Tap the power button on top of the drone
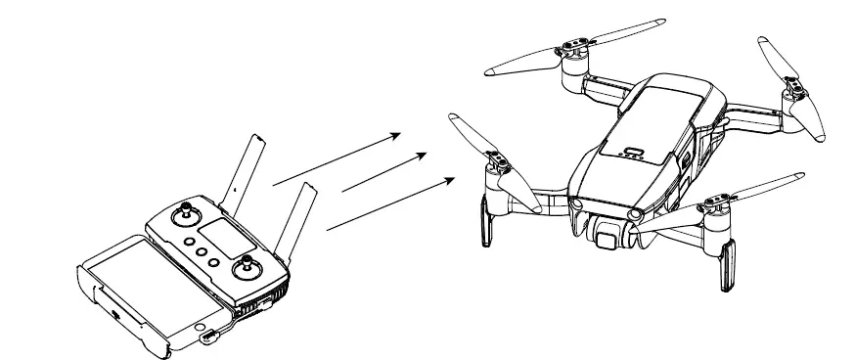click(x=634, y=152)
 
